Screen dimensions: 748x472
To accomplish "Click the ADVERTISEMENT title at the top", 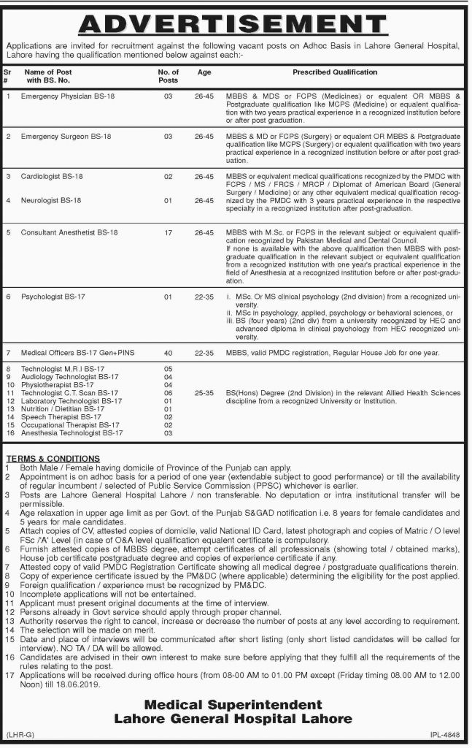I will (x=236, y=26).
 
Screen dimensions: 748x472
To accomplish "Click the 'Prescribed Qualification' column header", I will (x=335, y=72).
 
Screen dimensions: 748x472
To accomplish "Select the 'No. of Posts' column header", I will (x=169, y=77).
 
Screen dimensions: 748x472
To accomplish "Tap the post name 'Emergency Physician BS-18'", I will (x=68, y=96).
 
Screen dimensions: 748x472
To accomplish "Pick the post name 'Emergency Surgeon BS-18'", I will (x=66, y=137).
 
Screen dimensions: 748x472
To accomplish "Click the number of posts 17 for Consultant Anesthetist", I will (x=169, y=232).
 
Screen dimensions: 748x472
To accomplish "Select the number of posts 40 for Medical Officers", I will (x=169, y=353).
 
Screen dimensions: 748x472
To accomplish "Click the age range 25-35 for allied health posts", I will (x=205, y=393).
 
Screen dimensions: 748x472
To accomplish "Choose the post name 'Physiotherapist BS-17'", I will (x=58, y=384).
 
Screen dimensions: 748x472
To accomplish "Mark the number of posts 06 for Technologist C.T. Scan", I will (x=169, y=393).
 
